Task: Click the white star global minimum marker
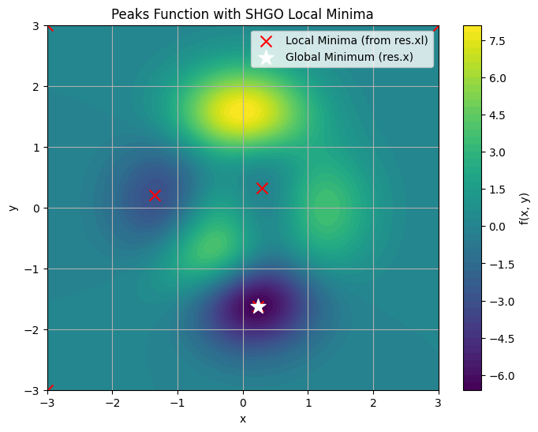[x=258, y=306]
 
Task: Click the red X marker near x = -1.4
[x=155, y=195]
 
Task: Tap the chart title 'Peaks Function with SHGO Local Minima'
[x=242, y=14]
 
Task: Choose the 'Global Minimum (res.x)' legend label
[x=349, y=57]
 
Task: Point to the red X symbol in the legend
[x=266, y=40]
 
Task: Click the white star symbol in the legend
[x=266, y=57]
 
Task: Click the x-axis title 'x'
[x=243, y=419]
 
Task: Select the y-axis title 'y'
[x=13, y=208]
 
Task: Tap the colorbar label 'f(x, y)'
[x=525, y=208]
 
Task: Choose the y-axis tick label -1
[x=34, y=269]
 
